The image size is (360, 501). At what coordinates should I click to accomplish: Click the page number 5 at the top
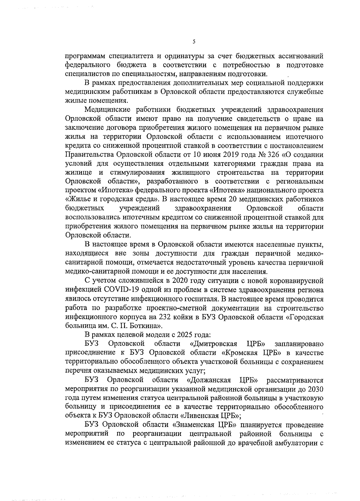point(194,42)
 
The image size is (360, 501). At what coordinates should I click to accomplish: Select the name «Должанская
point(208,380)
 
